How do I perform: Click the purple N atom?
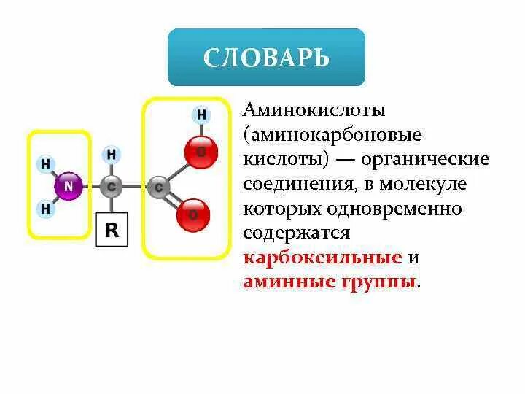[x=68, y=186]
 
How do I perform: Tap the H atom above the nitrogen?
[x=45, y=164]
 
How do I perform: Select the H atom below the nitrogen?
[x=45, y=209]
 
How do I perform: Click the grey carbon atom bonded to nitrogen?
[x=111, y=187]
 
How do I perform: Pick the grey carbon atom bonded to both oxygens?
[x=158, y=188]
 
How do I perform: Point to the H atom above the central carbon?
[x=111, y=155]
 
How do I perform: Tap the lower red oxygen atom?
[x=193, y=215]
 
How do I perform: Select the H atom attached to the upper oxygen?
[x=201, y=115]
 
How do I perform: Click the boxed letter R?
[x=112, y=230]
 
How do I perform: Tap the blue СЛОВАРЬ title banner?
[x=266, y=58]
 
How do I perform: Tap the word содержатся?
[x=297, y=233]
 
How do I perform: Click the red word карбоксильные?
[x=322, y=258]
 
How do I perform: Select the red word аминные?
[x=290, y=282]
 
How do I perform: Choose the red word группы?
[x=381, y=282]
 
